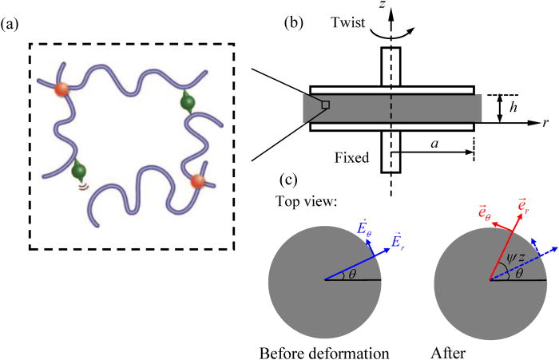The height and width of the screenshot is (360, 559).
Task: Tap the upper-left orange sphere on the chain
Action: pyautogui.click(x=62, y=89)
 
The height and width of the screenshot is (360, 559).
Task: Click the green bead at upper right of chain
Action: pyautogui.click(x=188, y=101)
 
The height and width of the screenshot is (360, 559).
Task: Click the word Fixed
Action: pyautogui.click(x=353, y=158)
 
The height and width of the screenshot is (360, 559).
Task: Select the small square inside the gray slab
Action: pyautogui.click(x=325, y=105)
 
